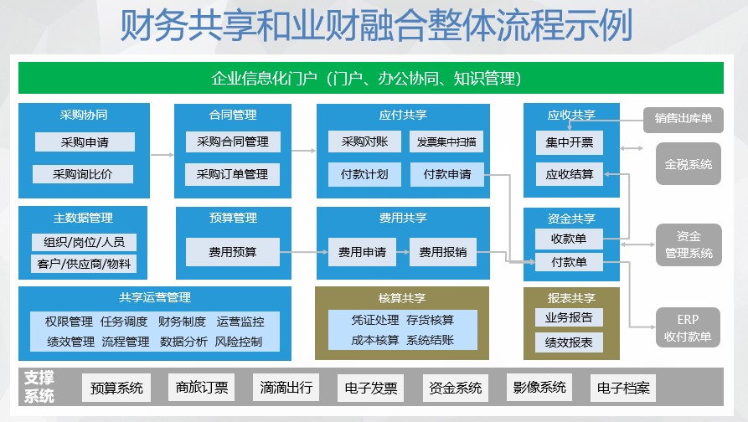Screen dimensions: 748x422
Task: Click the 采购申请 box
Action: pyautogui.click(x=85, y=142)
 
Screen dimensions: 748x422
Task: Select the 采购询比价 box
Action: pyautogui.click(x=83, y=174)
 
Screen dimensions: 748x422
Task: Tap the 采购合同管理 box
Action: pyautogui.click(x=233, y=142)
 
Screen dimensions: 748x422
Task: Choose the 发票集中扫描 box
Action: pyautogui.click(x=446, y=142)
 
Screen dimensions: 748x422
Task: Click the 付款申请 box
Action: pyautogui.click(x=447, y=174)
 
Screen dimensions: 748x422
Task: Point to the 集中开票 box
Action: pyautogui.click(x=569, y=142)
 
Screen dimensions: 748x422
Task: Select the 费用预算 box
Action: pyautogui.click(x=232, y=252)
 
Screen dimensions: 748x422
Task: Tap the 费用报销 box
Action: pyautogui.click(x=443, y=252)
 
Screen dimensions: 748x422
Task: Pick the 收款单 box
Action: pyautogui.click(x=569, y=239)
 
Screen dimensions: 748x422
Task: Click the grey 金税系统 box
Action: pyautogui.click(x=689, y=164)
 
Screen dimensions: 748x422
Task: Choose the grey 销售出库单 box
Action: pyautogui.click(x=684, y=118)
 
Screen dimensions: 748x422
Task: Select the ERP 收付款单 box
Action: pyautogui.click(x=688, y=327)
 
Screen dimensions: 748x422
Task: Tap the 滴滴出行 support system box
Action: pyautogui.click(x=286, y=387)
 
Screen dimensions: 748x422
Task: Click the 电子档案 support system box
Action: pyautogui.click(x=623, y=388)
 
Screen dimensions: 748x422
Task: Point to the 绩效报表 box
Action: pyautogui.click(x=569, y=342)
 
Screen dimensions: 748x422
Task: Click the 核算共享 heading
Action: pyautogui.click(x=402, y=298)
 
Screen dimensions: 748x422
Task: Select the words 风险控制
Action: pyautogui.click(x=239, y=342)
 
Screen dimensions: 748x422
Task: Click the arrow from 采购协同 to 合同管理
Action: pyautogui.click(x=162, y=155)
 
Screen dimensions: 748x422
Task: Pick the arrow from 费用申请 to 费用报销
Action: pyautogui.click(x=403, y=252)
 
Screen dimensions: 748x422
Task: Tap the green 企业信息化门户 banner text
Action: pyautogui.click(x=366, y=78)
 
